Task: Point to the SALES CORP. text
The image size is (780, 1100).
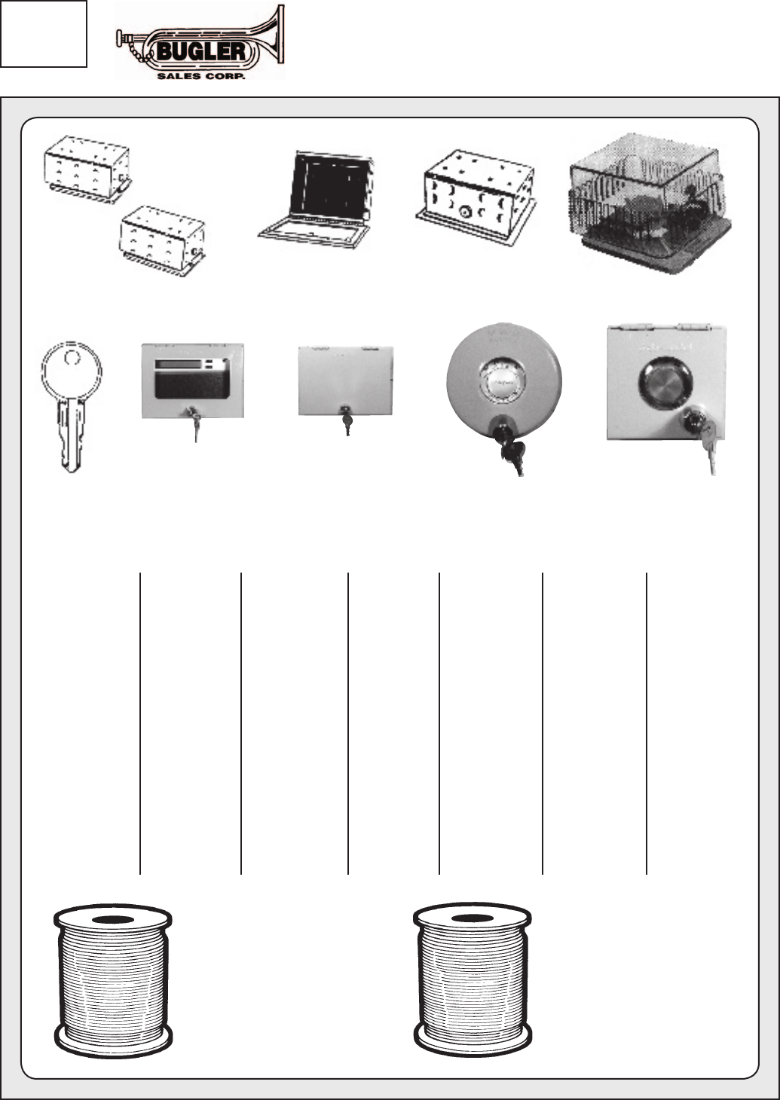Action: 200,75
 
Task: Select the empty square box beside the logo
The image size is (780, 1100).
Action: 44,34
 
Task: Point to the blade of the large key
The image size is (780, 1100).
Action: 71,437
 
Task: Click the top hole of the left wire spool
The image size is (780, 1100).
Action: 113,920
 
